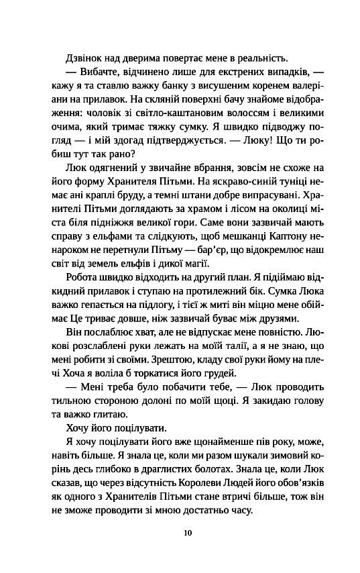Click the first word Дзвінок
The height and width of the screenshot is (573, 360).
(84, 58)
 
